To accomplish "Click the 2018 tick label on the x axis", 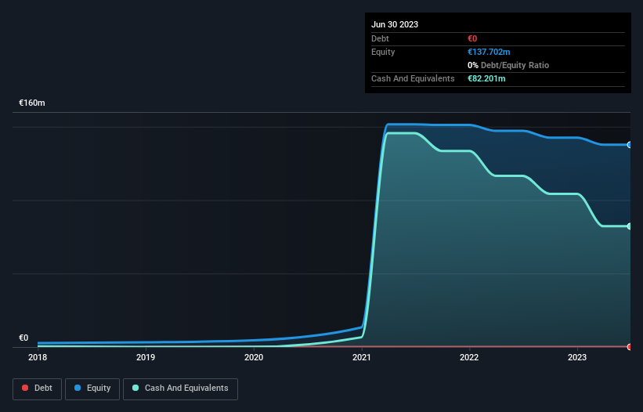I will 38,357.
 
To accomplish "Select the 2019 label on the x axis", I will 146,357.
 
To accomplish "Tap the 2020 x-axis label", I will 254,357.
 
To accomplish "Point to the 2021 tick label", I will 362,357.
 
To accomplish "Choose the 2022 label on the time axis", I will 469,357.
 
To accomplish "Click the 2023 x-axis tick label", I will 577,357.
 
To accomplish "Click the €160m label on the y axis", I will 32,103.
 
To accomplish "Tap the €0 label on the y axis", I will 23,338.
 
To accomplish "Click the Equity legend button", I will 92,388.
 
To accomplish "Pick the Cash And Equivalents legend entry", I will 180,388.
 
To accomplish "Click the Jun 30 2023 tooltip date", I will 395,24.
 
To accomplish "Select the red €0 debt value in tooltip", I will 472,38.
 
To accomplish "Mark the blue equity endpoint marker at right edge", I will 630,145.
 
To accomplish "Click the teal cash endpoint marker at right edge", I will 630,226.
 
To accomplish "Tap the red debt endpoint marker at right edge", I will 630,346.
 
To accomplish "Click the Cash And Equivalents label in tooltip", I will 413,78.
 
